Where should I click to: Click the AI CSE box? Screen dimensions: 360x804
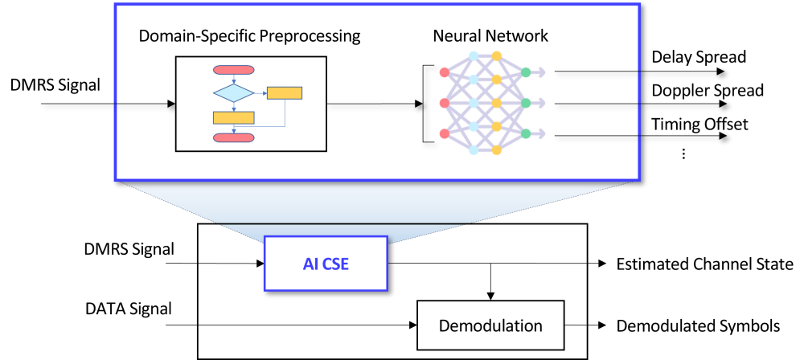(x=326, y=264)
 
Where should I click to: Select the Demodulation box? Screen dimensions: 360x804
(x=490, y=325)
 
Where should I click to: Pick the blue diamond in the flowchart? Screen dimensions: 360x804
(x=233, y=93)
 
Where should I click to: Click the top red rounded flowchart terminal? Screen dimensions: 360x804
(x=233, y=69)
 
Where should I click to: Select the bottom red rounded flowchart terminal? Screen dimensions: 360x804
(x=233, y=137)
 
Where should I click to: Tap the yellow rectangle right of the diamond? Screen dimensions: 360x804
(x=285, y=93)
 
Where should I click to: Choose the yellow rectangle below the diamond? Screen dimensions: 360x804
(x=233, y=117)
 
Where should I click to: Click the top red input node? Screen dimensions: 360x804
(x=445, y=72)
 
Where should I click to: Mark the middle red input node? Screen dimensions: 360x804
(x=445, y=103)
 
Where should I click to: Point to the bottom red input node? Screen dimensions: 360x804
(x=445, y=133)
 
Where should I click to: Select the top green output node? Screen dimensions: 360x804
(x=526, y=72)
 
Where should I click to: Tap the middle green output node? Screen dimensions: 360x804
(x=526, y=103)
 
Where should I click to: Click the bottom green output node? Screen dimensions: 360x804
(x=526, y=133)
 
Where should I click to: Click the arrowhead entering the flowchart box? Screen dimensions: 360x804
(x=170, y=104)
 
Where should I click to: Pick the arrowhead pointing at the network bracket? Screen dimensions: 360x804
(x=418, y=104)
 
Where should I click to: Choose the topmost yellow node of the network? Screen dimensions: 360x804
(x=497, y=56)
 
